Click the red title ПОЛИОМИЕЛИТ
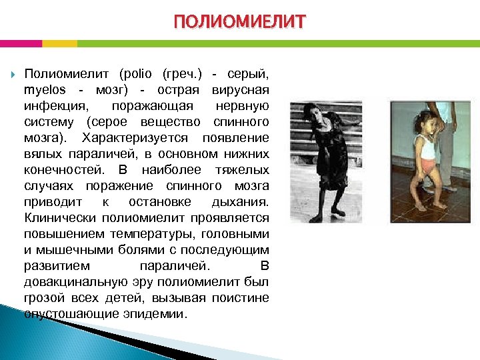pos(240,22)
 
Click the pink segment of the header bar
pos(21,43)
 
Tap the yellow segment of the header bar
pos(59,43)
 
